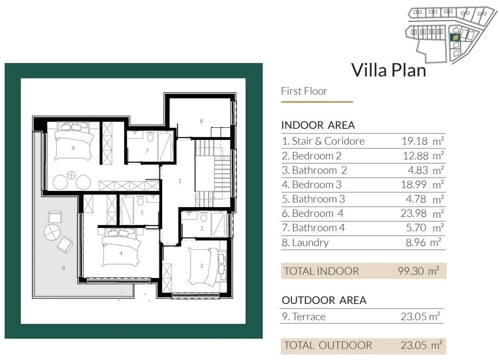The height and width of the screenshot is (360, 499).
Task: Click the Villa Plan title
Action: click(388, 70)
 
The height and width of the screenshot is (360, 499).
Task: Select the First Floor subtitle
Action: click(304, 91)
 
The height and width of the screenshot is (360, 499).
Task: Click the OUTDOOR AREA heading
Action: click(324, 300)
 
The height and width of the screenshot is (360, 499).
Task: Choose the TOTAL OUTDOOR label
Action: click(328, 345)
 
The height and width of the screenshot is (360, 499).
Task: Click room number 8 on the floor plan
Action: click(201, 121)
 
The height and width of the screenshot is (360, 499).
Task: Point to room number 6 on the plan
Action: click(73, 148)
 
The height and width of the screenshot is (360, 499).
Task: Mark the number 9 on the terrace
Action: click(63, 268)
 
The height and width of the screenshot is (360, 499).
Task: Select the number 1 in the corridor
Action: click(180, 181)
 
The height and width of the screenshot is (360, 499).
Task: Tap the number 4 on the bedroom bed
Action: click(120, 253)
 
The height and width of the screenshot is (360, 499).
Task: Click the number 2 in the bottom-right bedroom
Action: click(201, 266)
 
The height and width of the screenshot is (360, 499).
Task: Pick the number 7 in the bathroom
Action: click(147, 151)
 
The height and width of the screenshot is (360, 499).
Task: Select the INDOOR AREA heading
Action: click(318, 125)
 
